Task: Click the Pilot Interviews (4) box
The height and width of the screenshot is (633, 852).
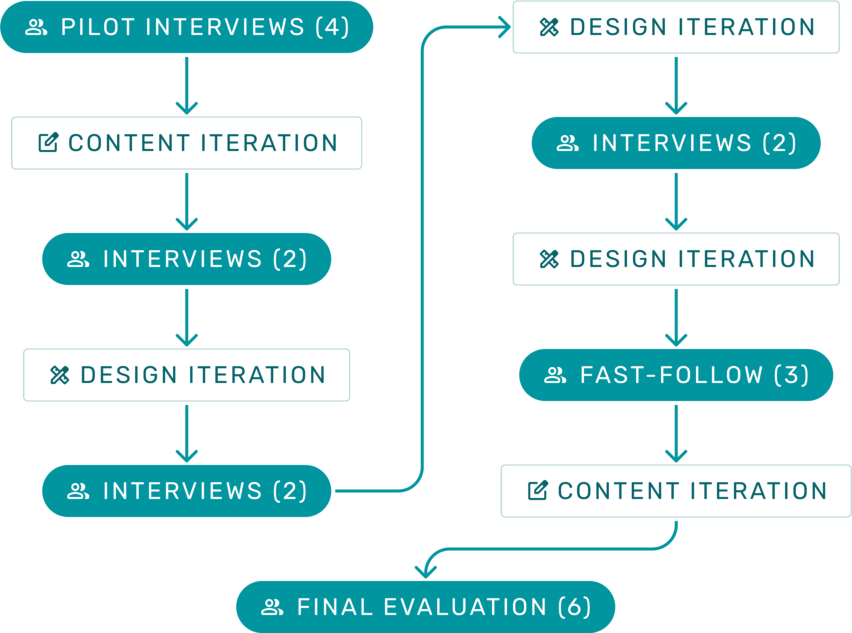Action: [x=187, y=27]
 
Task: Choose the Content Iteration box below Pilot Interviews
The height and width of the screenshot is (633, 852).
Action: [x=187, y=143]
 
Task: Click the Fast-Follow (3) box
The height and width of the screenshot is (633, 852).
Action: [x=676, y=375]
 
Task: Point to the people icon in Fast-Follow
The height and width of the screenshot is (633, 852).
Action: [x=555, y=375]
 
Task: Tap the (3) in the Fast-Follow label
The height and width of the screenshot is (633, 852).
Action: [x=791, y=375]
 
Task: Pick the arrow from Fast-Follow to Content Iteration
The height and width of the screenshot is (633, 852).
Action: [x=676, y=433]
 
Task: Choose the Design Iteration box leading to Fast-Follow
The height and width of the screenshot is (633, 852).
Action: [x=676, y=259]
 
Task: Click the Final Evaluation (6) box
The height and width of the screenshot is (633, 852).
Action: [x=426, y=607]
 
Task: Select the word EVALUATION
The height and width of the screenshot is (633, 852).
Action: [x=465, y=607]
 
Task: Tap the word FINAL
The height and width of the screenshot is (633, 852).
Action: [x=335, y=607]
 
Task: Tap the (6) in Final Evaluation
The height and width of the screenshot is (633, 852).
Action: [x=575, y=607]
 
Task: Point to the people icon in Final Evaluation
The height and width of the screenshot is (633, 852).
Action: [x=272, y=607]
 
